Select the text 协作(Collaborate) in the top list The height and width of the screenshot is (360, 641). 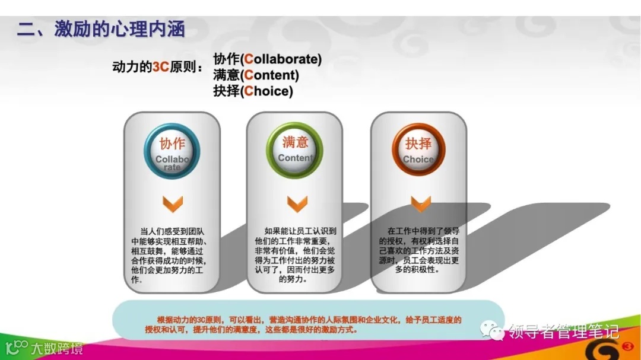(x=267, y=59)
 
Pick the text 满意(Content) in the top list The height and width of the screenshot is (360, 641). (x=256, y=75)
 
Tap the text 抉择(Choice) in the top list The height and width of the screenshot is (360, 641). (x=253, y=91)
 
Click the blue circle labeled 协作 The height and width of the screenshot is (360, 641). (x=172, y=151)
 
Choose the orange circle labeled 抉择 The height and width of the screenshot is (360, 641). (x=418, y=151)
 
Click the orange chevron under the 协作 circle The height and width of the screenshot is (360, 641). (x=172, y=204)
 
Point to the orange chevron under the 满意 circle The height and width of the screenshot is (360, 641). (x=297, y=204)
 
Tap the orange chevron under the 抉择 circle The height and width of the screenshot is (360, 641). (x=421, y=204)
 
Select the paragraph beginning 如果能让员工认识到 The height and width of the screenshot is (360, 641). (x=295, y=254)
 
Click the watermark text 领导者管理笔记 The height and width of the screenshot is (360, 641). (x=564, y=331)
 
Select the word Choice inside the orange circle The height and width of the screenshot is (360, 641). (x=418, y=160)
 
